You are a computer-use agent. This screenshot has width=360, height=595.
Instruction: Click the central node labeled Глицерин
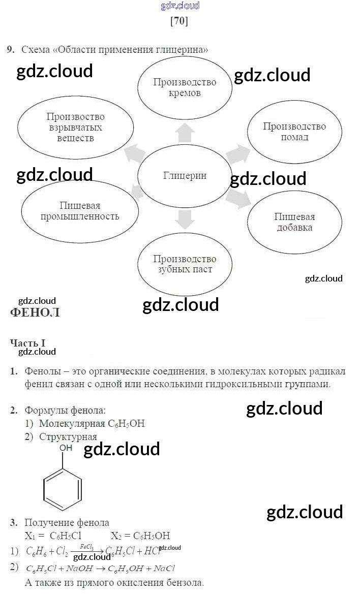(185, 176)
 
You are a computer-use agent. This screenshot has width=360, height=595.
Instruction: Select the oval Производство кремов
(185, 87)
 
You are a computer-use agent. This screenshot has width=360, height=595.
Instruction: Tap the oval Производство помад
(294, 132)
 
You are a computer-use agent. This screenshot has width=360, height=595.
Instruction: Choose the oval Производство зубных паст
(185, 264)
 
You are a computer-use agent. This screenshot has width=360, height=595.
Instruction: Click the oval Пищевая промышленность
(80, 211)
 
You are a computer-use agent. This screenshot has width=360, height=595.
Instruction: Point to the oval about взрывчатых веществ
(75, 127)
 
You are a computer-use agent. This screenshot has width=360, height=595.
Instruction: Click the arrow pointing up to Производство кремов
(185, 133)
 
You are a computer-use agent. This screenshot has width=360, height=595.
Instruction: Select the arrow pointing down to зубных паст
(185, 219)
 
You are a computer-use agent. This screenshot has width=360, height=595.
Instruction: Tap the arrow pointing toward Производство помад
(236, 153)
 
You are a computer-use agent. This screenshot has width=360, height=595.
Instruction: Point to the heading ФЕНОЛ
(35, 312)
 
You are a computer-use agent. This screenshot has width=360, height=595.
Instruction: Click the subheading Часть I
(28, 343)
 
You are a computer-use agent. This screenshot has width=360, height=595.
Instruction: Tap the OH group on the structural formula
(66, 448)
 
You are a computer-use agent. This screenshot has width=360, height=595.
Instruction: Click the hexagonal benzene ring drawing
(63, 489)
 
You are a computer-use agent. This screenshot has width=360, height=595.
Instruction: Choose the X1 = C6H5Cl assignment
(53, 536)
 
